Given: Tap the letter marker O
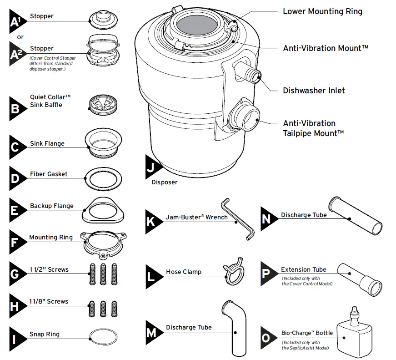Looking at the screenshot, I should point(267,338).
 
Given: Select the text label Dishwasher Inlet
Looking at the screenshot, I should point(314,91).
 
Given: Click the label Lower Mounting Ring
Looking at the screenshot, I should point(322,11).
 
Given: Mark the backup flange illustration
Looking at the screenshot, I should point(103,210).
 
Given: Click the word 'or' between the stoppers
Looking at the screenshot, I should point(20,37).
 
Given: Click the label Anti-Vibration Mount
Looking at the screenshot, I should point(325,48).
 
